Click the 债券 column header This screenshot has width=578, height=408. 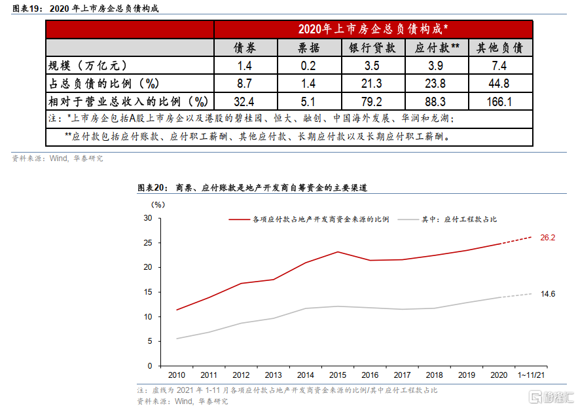click(x=245, y=48)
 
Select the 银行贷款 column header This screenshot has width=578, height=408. click(x=372, y=48)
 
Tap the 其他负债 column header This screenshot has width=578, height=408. click(x=500, y=48)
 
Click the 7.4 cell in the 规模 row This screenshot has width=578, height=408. click(x=500, y=65)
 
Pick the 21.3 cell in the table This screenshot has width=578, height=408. click(x=372, y=83)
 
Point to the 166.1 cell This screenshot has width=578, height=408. click(x=500, y=102)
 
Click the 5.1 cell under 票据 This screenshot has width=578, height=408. click(x=308, y=102)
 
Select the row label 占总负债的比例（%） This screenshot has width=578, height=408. click(x=105, y=83)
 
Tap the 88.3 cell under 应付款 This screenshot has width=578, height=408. click(x=436, y=102)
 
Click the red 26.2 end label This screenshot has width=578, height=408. click(x=547, y=237)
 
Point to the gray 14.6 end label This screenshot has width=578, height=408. click(x=547, y=294)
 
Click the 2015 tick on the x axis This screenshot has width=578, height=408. click(x=337, y=375)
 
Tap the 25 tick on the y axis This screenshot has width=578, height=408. click(x=148, y=242)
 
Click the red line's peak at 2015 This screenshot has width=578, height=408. click(x=337, y=251)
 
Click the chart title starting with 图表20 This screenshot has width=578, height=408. click(x=252, y=188)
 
